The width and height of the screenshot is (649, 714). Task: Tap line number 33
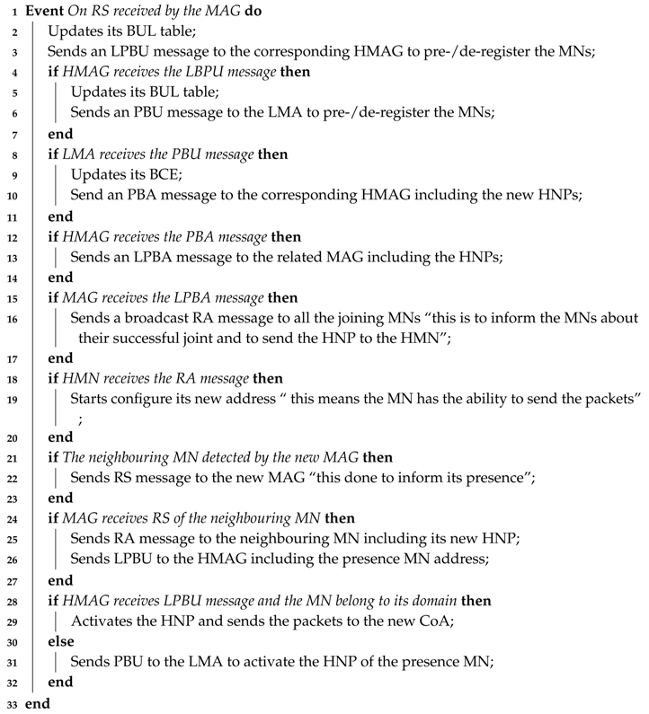coord(9,705)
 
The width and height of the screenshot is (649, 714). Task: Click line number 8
coord(11,154)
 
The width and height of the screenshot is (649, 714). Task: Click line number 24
coord(9,522)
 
